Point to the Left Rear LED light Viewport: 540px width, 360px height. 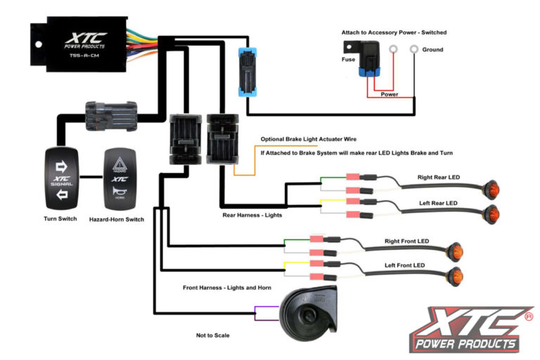point(491,214)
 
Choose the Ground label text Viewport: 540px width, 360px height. point(432,50)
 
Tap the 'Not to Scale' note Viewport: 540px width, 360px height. point(212,335)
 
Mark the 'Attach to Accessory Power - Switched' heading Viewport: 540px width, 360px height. point(394,32)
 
